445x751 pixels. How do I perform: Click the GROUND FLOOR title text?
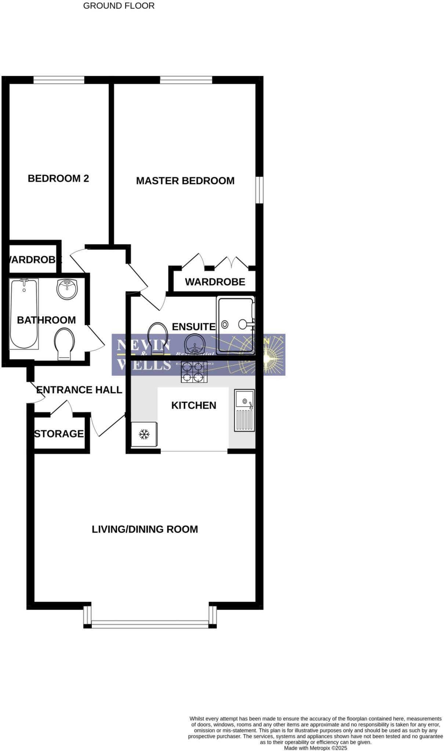pyautogui.click(x=118, y=6)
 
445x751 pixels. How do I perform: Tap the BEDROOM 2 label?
pyautogui.click(x=58, y=179)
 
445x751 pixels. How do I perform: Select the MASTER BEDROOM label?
pyautogui.click(x=185, y=181)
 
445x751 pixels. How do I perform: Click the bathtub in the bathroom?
pyautogui.click(x=24, y=314)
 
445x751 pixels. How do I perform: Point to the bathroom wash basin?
pyautogui.click(x=67, y=289)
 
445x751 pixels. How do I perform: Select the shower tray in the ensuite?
pyautogui.click(x=235, y=325)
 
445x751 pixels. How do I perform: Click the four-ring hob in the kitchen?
pyautogui.click(x=194, y=372)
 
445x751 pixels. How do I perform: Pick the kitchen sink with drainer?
pyautogui.click(x=244, y=410)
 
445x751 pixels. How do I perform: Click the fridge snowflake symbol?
pyautogui.click(x=144, y=435)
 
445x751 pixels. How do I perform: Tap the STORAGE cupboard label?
pyautogui.click(x=59, y=434)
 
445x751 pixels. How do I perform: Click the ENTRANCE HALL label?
pyautogui.click(x=79, y=390)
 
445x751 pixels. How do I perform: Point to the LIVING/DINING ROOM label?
pyautogui.click(x=145, y=529)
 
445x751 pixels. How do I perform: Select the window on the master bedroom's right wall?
pyautogui.click(x=259, y=190)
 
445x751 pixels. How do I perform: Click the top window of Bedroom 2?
pyautogui.click(x=59, y=80)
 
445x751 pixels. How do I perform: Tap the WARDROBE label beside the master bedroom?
pyautogui.click(x=215, y=282)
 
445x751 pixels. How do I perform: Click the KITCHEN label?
pyautogui.click(x=194, y=405)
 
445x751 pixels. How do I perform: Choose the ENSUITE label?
pyautogui.click(x=194, y=326)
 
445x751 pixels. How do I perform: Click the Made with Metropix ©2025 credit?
pyautogui.click(x=315, y=748)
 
